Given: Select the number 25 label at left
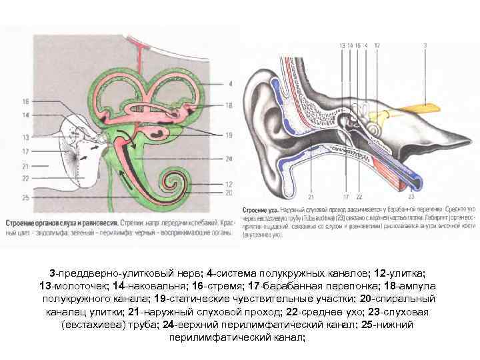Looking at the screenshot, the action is pos(25,198).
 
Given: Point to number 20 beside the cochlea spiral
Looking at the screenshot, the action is pos(229,193).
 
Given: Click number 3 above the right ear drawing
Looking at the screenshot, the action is pos(425,45).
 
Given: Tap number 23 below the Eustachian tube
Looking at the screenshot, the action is pos(411,197).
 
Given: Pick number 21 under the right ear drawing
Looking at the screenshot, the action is pos(312,197).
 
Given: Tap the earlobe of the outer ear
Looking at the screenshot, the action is pos(273,169).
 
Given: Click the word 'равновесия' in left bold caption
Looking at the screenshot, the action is pos(97,223).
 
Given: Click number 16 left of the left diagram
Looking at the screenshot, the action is pos(25,101).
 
